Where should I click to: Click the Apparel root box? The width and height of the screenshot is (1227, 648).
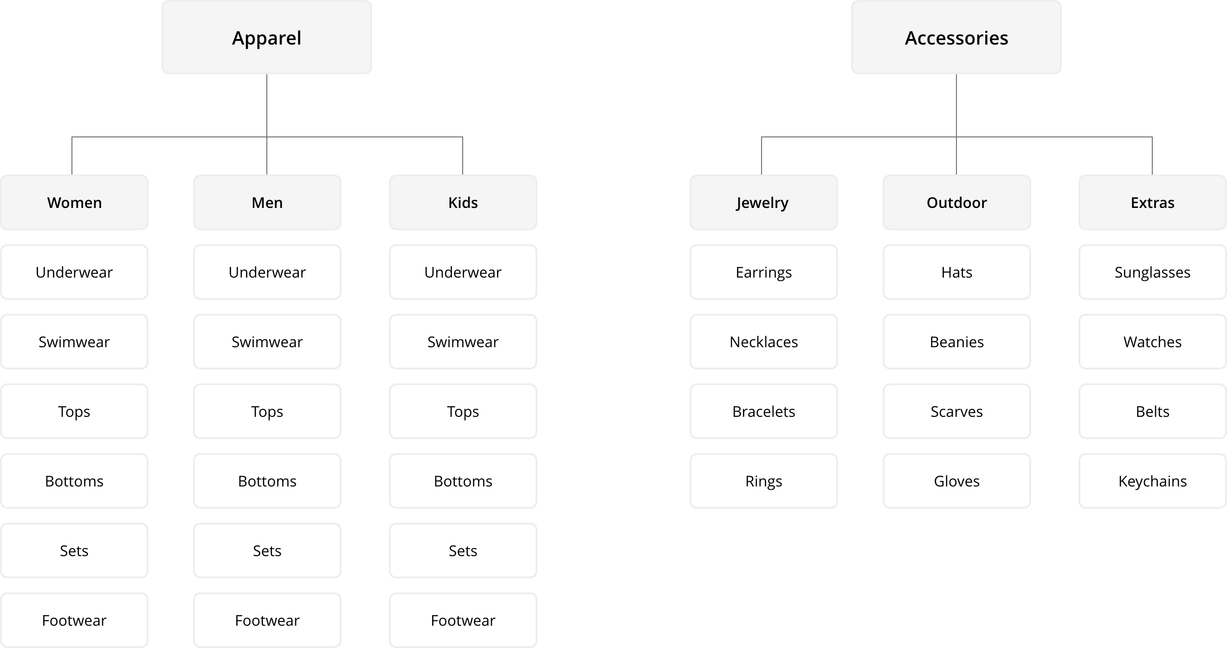[266, 37]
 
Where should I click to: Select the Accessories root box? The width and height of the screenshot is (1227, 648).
[956, 37]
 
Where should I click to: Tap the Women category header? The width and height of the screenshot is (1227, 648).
[74, 202]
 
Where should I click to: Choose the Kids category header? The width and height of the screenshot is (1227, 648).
[463, 202]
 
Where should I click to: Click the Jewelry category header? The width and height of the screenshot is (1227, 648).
[763, 202]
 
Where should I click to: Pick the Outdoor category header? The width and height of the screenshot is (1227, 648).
[956, 202]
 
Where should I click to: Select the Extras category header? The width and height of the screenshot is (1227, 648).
[1152, 202]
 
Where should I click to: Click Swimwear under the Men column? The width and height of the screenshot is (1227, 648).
[267, 342]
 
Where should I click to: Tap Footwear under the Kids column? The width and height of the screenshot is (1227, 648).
[463, 620]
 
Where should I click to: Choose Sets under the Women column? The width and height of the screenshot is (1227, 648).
[74, 551]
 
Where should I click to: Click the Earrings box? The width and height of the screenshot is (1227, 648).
[763, 272]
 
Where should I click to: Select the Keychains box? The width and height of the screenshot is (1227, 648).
[1152, 481]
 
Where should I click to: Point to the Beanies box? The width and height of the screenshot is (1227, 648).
[956, 342]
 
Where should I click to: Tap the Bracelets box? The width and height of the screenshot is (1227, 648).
[763, 411]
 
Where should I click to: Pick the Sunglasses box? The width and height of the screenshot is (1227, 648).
[1152, 272]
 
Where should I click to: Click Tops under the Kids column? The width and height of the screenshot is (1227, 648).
[463, 411]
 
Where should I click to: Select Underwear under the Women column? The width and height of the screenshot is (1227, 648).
[74, 272]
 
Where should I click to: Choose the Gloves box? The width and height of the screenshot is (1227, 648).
[956, 481]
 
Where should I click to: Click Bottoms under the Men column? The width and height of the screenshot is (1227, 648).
[267, 481]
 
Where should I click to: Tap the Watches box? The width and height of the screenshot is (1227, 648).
[1152, 342]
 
